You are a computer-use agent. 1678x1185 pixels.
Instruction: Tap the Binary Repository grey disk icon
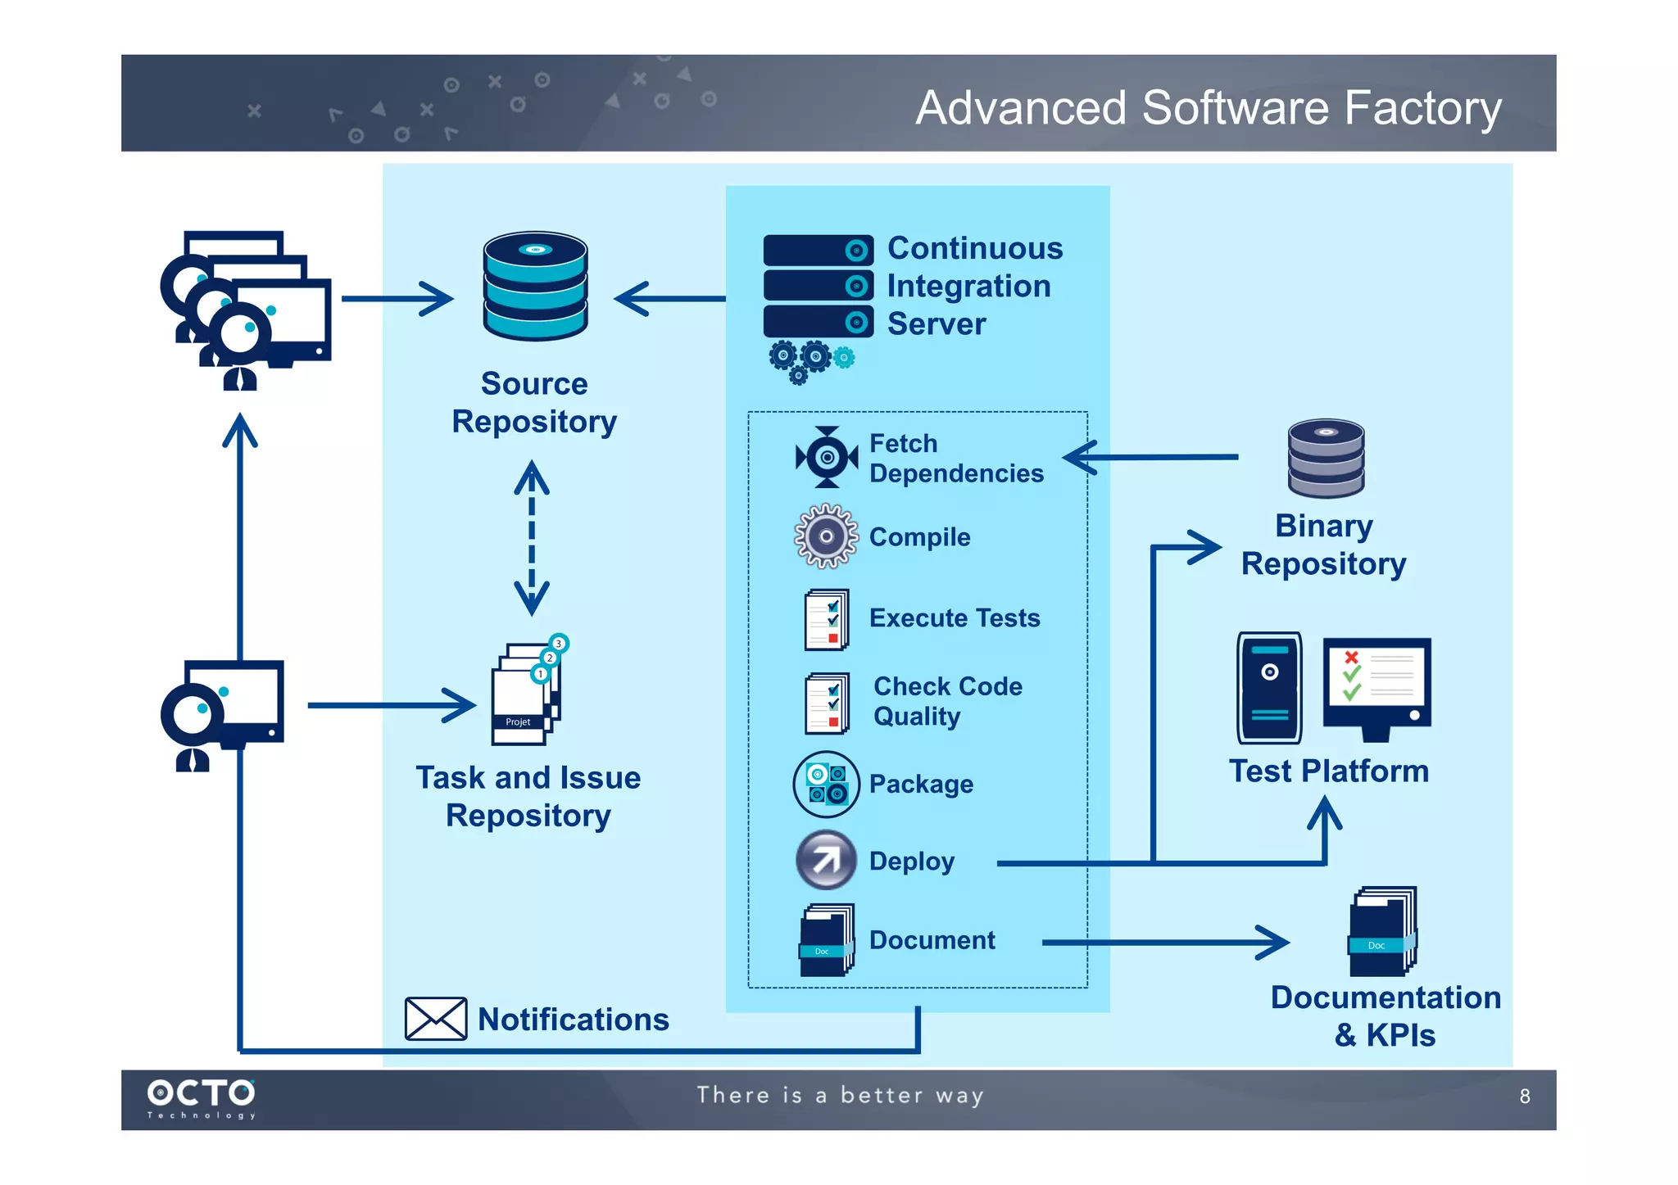(1326, 458)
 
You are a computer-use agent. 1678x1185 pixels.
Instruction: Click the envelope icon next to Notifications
(436, 1018)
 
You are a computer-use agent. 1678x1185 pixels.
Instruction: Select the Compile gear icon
(826, 536)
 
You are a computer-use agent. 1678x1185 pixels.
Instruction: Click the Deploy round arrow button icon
(826, 860)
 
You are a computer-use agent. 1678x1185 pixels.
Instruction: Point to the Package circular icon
(826, 784)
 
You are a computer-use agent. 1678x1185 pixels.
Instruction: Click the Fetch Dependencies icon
(827, 457)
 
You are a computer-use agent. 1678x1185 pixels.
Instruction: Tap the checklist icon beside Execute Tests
(826, 619)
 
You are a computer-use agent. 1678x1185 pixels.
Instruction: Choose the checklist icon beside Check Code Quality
(826, 703)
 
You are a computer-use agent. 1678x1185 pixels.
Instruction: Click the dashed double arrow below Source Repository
(532, 538)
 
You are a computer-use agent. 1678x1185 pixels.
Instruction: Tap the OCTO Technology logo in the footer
(202, 1097)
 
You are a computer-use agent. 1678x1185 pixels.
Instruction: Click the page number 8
(1524, 1096)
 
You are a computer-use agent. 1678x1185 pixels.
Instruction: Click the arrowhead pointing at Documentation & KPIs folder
(1275, 943)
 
